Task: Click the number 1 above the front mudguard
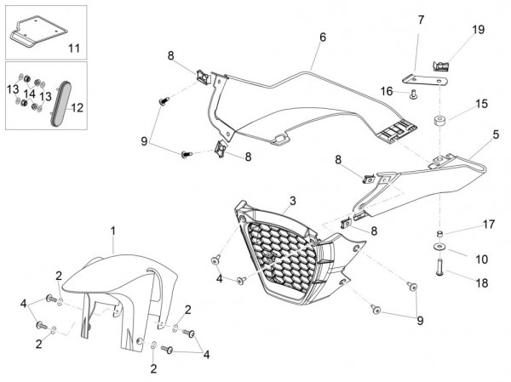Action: (x=112, y=230)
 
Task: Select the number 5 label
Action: (x=495, y=134)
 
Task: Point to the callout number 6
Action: (x=323, y=37)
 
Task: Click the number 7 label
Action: (x=420, y=20)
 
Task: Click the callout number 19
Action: (x=478, y=30)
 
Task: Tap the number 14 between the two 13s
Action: (x=31, y=93)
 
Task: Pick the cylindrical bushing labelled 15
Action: (x=439, y=118)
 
